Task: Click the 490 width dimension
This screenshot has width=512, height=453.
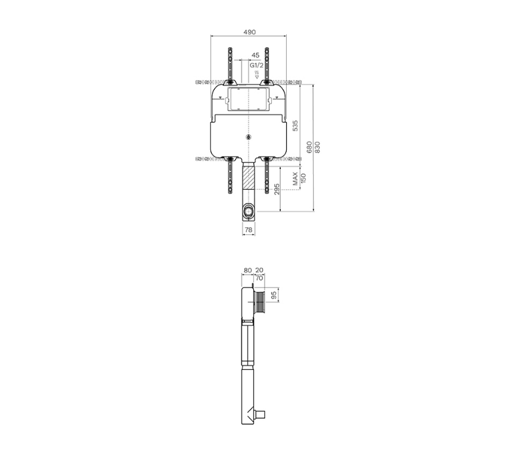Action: pos(249,32)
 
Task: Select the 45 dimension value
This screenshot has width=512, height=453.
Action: pos(255,56)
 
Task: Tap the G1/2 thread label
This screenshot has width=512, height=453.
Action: pos(256,65)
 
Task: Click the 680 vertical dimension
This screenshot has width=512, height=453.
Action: pos(309,149)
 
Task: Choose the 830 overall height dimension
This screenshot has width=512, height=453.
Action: pos(318,149)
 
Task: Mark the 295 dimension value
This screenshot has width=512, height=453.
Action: pos(277,189)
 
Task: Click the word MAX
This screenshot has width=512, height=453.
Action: pos(296,179)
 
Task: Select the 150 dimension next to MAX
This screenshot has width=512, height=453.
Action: pos(303,179)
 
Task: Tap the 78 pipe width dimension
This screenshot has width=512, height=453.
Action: pos(249,230)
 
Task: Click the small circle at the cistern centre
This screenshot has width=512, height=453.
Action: pos(249,137)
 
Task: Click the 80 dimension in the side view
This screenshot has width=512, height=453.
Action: pos(247,270)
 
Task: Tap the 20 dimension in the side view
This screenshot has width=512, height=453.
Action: pos(259,270)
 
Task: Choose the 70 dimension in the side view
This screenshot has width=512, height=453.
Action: pos(259,278)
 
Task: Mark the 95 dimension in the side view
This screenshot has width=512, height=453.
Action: pos(275,295)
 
